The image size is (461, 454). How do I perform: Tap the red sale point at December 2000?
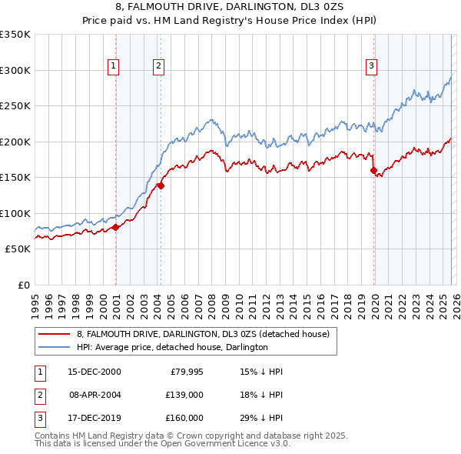click(115, 227)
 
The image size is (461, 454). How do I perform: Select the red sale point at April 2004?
click(161, 185)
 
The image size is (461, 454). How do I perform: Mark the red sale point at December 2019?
click(373, 171)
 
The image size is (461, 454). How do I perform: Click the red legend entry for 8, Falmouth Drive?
click(203, 334)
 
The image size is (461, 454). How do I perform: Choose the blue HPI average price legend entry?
click(171, 347)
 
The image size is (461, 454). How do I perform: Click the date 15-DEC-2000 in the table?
click(94, 372)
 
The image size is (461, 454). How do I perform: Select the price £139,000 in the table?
click(184, 395)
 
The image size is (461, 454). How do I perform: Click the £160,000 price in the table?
click(184, 418)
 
